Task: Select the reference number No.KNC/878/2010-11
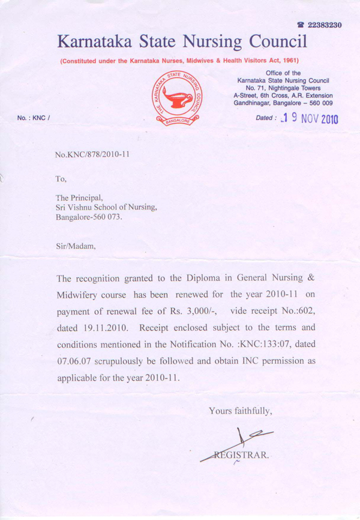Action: [x=92, y=154]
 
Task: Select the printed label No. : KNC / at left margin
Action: [x=33, y=118]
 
